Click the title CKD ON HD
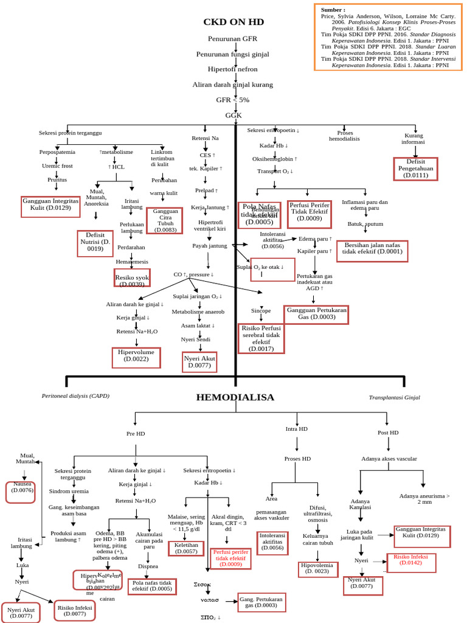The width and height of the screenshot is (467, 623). [x=233, y=22]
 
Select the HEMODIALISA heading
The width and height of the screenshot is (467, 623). [x=235, y=397]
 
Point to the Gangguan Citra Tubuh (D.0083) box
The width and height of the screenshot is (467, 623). [x=165, y=220]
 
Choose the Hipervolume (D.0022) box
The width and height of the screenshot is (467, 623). [x=136, y=357]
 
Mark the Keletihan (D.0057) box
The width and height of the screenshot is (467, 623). [x=186, y=549]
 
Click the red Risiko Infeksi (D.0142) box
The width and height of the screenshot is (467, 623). [x=412, y=560]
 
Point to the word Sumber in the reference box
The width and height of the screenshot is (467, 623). [x=333, y=10]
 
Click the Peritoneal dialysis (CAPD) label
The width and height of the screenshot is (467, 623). [x=75, y=396]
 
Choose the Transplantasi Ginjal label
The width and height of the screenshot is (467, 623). [x=394, y=397]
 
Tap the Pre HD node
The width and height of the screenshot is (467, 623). [x=136, y=434]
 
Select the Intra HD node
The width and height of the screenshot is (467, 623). [x=297, y=429]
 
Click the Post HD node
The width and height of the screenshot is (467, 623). [x=387, y=433]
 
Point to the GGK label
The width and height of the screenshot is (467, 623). [x=233, y=115]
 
